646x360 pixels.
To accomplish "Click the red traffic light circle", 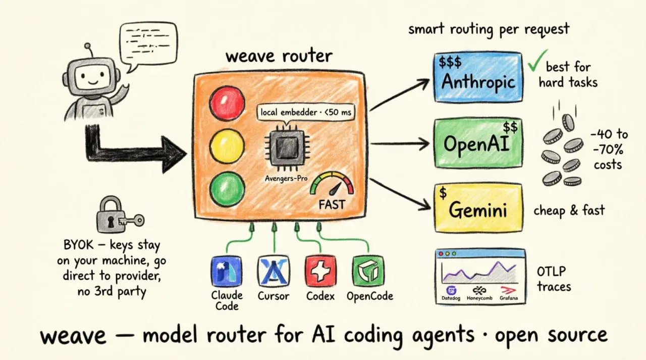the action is pos(227,103).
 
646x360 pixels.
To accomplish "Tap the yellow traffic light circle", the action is pos(227,146).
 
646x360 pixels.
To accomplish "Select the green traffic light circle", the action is pos(227,189).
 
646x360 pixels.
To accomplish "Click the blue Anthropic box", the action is pos(478,77).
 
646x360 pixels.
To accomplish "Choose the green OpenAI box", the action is pos(478,143).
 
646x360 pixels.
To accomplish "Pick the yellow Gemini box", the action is pos(478,208).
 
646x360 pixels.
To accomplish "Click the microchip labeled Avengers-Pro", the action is pos(287,148).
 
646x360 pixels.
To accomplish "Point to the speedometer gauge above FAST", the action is pos(332,184).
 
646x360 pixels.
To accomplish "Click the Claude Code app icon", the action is pos(227,272).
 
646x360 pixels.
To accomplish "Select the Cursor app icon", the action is pos(274,272).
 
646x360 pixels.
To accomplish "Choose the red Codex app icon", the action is pos(320,272).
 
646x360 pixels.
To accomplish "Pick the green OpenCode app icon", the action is pos(368,272).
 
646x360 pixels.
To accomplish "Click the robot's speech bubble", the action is pos(148,45).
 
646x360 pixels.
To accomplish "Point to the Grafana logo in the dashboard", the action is pos(509,290).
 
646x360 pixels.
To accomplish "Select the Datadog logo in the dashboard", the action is pos(451,290).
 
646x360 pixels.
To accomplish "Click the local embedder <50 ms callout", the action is pos(306,113).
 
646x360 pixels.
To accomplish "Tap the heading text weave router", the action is pos(279,56).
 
